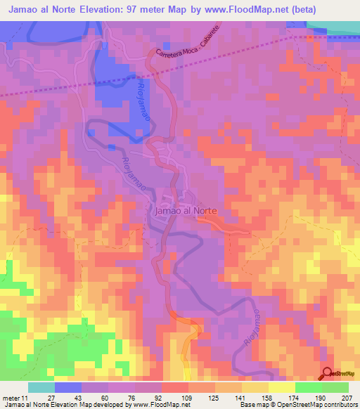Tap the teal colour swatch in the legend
point(41,387)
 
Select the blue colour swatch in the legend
point(68,387)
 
